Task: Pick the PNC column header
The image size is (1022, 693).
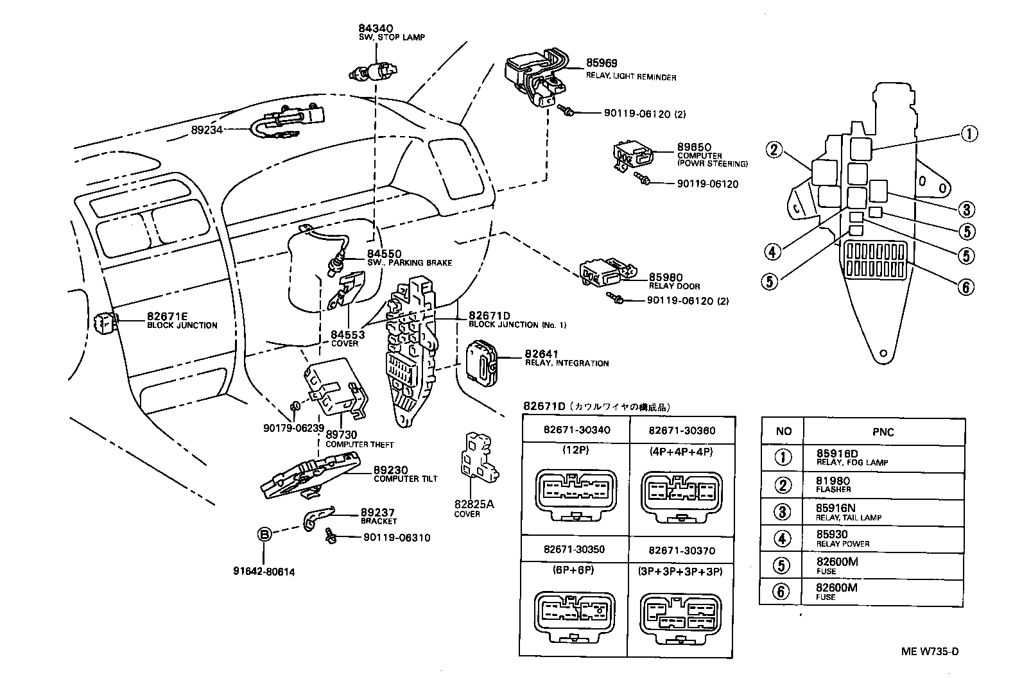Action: [883, 432]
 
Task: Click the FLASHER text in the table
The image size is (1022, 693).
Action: [833, 490]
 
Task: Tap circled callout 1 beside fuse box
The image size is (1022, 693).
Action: [968, 133]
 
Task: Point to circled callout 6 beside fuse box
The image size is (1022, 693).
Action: [965, 286]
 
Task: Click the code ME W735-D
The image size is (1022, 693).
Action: [929, 652]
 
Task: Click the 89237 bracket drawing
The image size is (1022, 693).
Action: [317, 517]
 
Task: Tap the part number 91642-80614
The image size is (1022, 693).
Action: [264, 572]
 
